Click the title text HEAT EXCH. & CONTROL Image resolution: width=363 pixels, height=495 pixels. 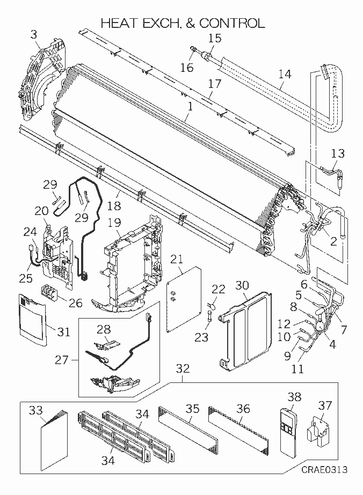coord(183,23)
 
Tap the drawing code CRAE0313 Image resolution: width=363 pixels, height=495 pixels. coord(323,470)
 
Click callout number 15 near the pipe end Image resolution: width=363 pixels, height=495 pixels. coord(214,38)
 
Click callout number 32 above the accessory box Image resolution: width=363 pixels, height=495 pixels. coord(183,368)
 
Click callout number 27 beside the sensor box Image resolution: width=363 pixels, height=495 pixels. coord(62,359)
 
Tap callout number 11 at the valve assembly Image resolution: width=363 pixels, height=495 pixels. coord(297,369)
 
